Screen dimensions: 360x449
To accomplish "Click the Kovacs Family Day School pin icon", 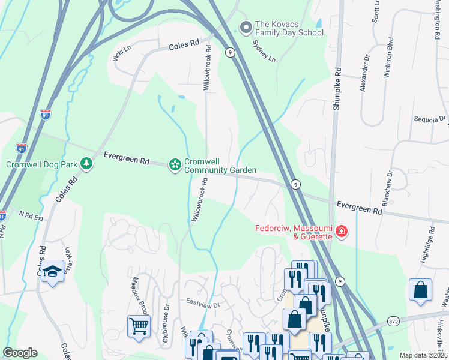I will (246, 27).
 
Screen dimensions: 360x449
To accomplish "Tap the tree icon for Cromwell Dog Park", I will (87, 164).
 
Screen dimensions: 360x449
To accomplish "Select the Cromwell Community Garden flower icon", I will (175, 164).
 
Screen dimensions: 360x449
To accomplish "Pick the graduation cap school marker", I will (53, 272).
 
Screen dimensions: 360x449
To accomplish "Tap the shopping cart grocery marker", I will (139, 326).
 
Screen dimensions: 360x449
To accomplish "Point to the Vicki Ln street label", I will (121, 53).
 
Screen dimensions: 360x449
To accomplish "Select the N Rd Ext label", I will (31, 215).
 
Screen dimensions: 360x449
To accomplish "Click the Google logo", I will (20, 353).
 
